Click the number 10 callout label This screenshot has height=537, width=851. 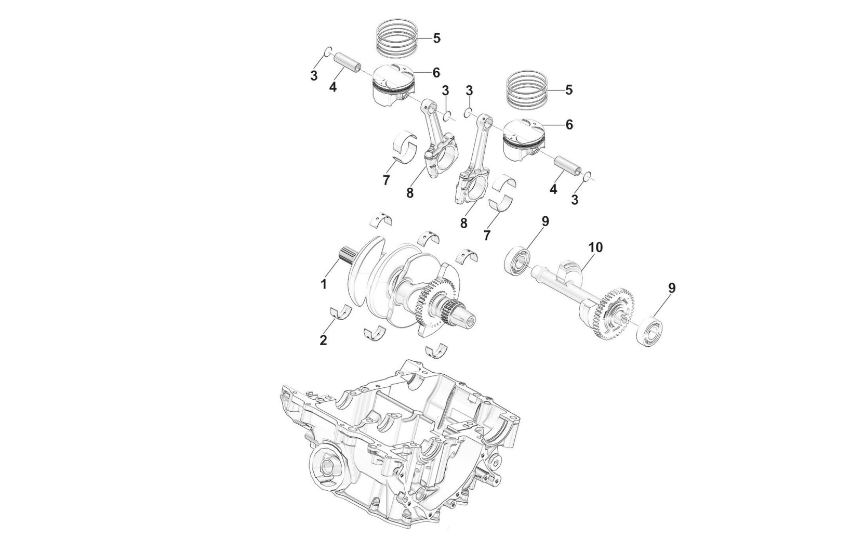(595, 247)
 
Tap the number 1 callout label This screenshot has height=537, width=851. (324, 284)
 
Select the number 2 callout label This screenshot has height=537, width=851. (323, 340)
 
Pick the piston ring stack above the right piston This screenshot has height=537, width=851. (527, 89)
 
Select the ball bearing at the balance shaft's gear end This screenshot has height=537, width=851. (651, 329)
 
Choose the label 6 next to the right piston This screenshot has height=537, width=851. (569, 125)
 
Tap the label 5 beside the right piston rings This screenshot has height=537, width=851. (569, 90)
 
